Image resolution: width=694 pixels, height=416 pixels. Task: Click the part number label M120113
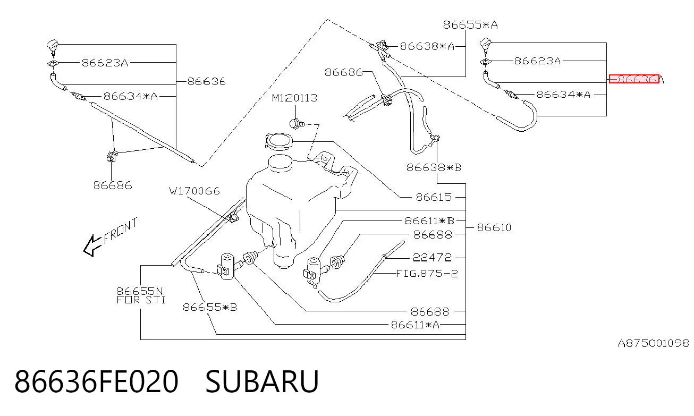tap(294, 98)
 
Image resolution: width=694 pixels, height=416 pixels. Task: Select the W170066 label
tap(194, 191)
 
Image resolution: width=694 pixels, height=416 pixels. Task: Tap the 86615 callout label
tap(434, 197)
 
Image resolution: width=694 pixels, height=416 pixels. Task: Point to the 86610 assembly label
tap(494, 228)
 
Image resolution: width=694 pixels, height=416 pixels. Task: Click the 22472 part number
tap(432, 257)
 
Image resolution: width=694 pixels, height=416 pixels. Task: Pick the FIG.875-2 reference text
tap(427, 274)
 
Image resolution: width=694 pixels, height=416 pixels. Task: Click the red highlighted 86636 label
tap(634, 79)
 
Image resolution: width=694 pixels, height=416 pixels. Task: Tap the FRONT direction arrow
tap(93, 245)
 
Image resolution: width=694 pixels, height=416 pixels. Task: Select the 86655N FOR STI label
tap(141, 295)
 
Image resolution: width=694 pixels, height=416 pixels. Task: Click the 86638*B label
tap(434, 167)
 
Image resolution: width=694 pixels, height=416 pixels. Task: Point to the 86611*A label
tap(415, 325)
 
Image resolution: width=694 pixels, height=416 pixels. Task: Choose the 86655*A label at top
tap(470, 25)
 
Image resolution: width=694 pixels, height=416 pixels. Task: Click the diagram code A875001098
tap(654, 343)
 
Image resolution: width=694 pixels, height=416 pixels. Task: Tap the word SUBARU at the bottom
tap(262, 381)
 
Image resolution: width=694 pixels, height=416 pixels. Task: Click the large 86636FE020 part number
tap(96, 381)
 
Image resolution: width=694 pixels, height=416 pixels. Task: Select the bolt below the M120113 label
tap(297, 124)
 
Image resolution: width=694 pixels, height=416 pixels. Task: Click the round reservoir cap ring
tap(279, 141)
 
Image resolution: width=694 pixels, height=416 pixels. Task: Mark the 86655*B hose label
tap(210, 307)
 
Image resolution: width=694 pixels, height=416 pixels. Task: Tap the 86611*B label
tap(429, 221)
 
